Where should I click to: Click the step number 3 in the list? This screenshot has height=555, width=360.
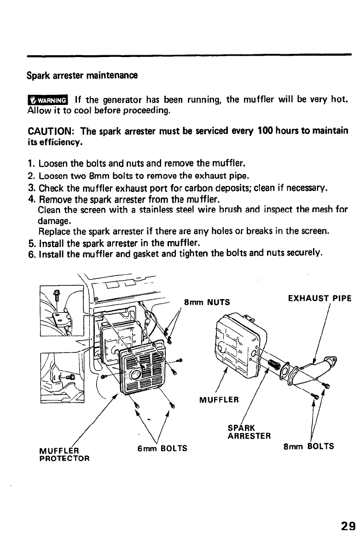(31, 187)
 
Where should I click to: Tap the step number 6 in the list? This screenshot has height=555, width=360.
(31, 254)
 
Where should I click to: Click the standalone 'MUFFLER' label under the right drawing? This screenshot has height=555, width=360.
(218, 399)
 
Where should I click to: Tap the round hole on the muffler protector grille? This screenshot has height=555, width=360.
(136, 373)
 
